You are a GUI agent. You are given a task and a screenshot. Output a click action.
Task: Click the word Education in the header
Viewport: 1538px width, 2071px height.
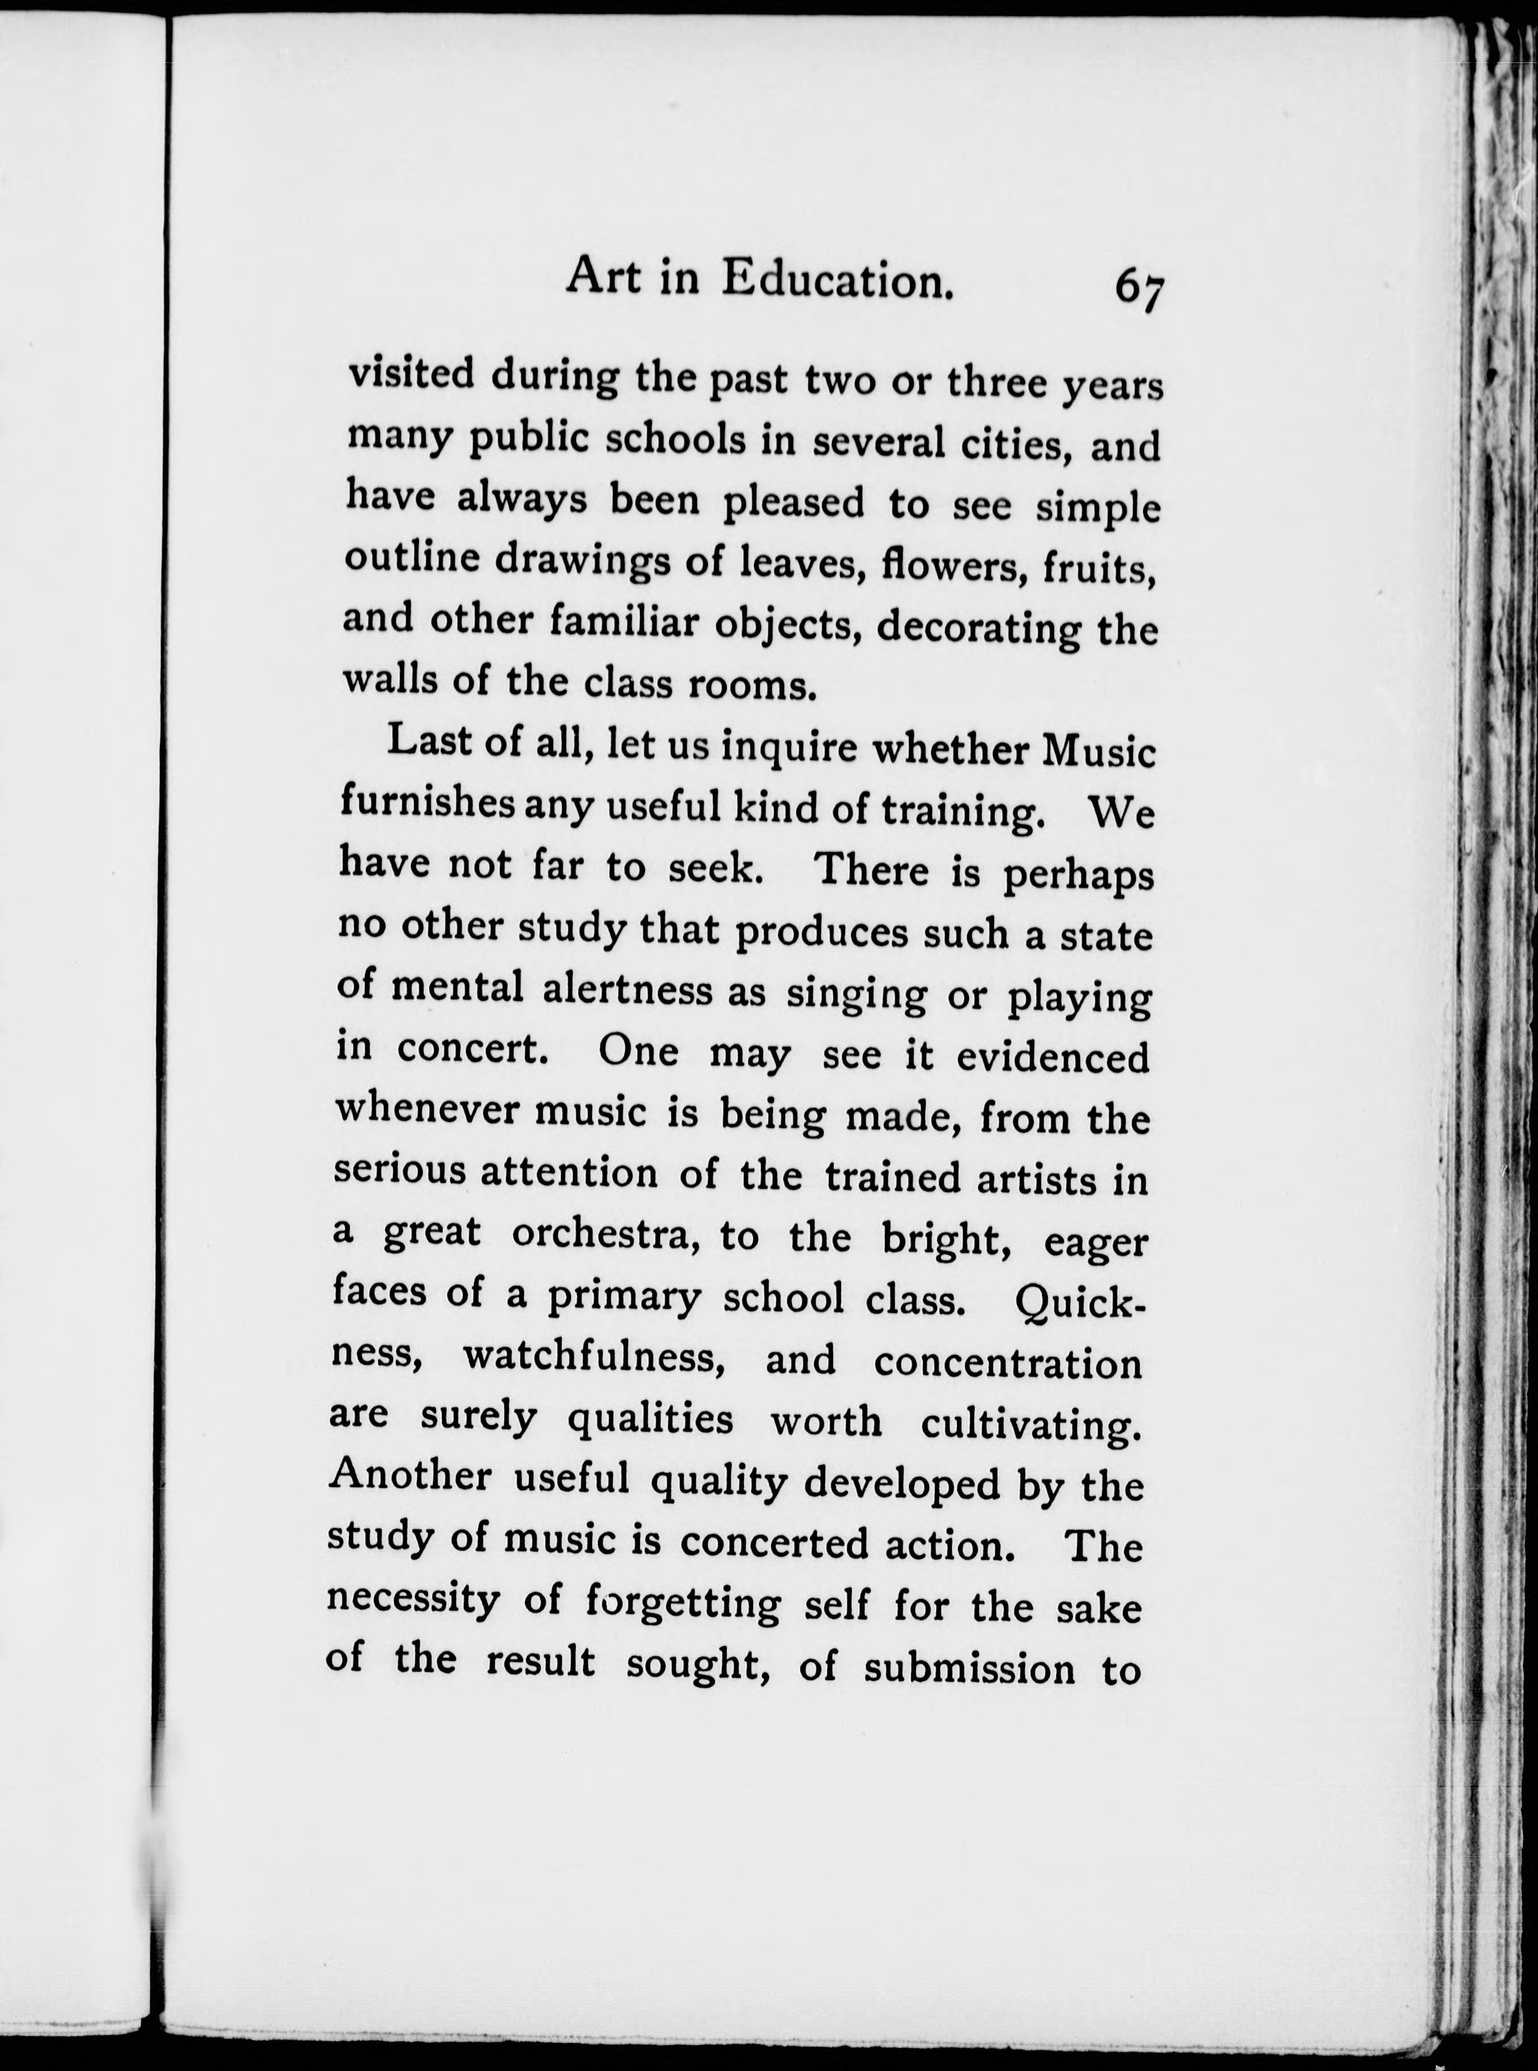coord(838,278)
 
